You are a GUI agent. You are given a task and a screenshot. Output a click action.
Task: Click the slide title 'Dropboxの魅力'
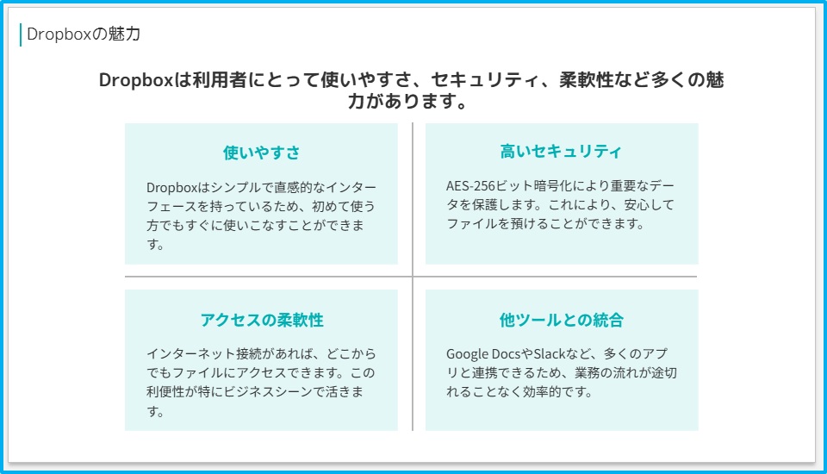click(84, 34)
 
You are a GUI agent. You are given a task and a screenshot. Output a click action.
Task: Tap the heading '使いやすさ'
click(261, 153)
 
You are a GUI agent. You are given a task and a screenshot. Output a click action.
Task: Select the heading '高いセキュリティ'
click(561, 152)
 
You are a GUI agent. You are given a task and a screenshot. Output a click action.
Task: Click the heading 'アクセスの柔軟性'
click(262, 320)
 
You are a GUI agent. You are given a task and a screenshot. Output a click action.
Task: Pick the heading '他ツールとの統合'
click(561, 320)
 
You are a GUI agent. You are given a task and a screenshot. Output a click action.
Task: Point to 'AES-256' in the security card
click(463, 186)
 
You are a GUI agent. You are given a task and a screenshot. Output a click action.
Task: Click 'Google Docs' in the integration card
click(483, 353)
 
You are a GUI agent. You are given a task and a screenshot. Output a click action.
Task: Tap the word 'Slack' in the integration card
click(550, 353)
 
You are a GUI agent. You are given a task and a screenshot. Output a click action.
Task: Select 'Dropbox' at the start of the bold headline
click(135, 80)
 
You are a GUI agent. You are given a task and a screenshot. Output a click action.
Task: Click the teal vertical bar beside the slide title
click(21, 34)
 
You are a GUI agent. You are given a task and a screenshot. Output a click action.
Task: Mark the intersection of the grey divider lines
click(413, 277)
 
